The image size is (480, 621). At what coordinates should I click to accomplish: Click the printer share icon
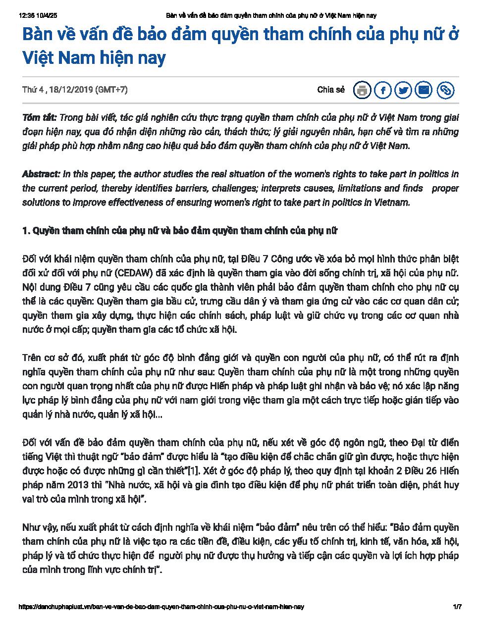click(x=362, y=90)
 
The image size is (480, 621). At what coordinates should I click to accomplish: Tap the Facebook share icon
click(x=383, y=90)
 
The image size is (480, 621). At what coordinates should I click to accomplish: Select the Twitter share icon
click(x=404, y=90)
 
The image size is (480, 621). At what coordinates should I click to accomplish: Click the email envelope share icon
click(x=425, y=90)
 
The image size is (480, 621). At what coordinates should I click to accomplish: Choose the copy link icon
click(x=445, y=90)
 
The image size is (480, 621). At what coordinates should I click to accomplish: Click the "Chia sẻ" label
click(x=330, y=90)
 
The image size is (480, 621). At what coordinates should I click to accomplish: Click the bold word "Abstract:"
click(x=41, y=174)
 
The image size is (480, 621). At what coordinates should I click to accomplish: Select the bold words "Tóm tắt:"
click(x=39, y=118)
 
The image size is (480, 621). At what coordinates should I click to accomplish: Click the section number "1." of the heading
click(x=27, y=231)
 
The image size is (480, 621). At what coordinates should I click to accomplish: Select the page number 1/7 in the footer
click(x=457, y=607)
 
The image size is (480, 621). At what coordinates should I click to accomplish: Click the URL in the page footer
click(x=160, y=607)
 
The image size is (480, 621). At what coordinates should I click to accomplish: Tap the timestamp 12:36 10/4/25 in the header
click(x=41, y=16)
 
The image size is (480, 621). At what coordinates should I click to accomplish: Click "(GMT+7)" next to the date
click(x=111, y=90)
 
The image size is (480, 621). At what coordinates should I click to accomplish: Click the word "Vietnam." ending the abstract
click(x=393, y=203)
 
